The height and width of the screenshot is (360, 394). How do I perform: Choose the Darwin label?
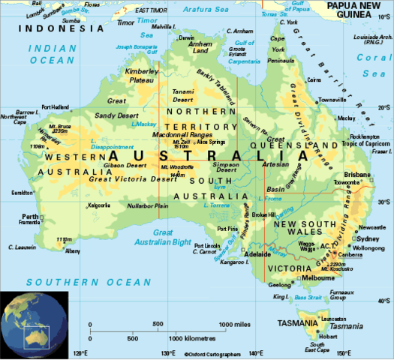point(187,37)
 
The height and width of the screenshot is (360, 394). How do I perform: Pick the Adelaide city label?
point(258,254)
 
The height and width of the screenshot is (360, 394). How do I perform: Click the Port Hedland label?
point(57,106)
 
